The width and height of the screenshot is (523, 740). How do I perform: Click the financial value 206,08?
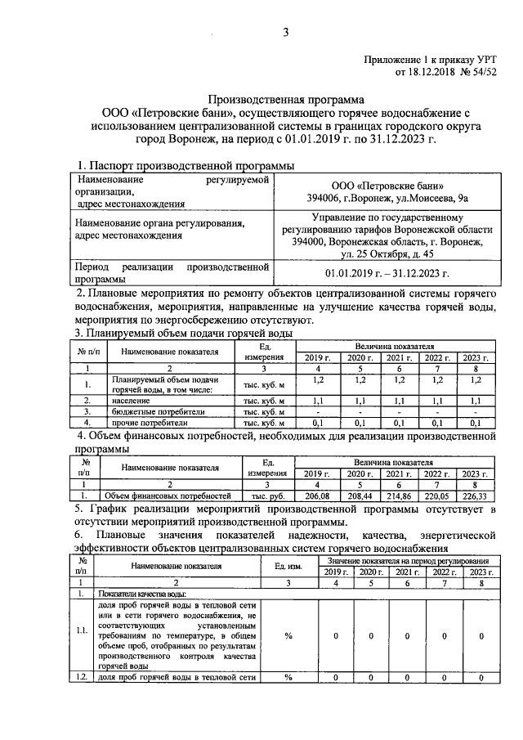[315, 496]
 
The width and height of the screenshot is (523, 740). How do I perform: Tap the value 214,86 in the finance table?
[398, 496]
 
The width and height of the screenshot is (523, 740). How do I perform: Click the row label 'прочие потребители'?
[150, 424]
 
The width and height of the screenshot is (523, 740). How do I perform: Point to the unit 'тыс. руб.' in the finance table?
[266, 496]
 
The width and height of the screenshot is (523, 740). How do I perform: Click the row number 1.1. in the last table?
[82, 631]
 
